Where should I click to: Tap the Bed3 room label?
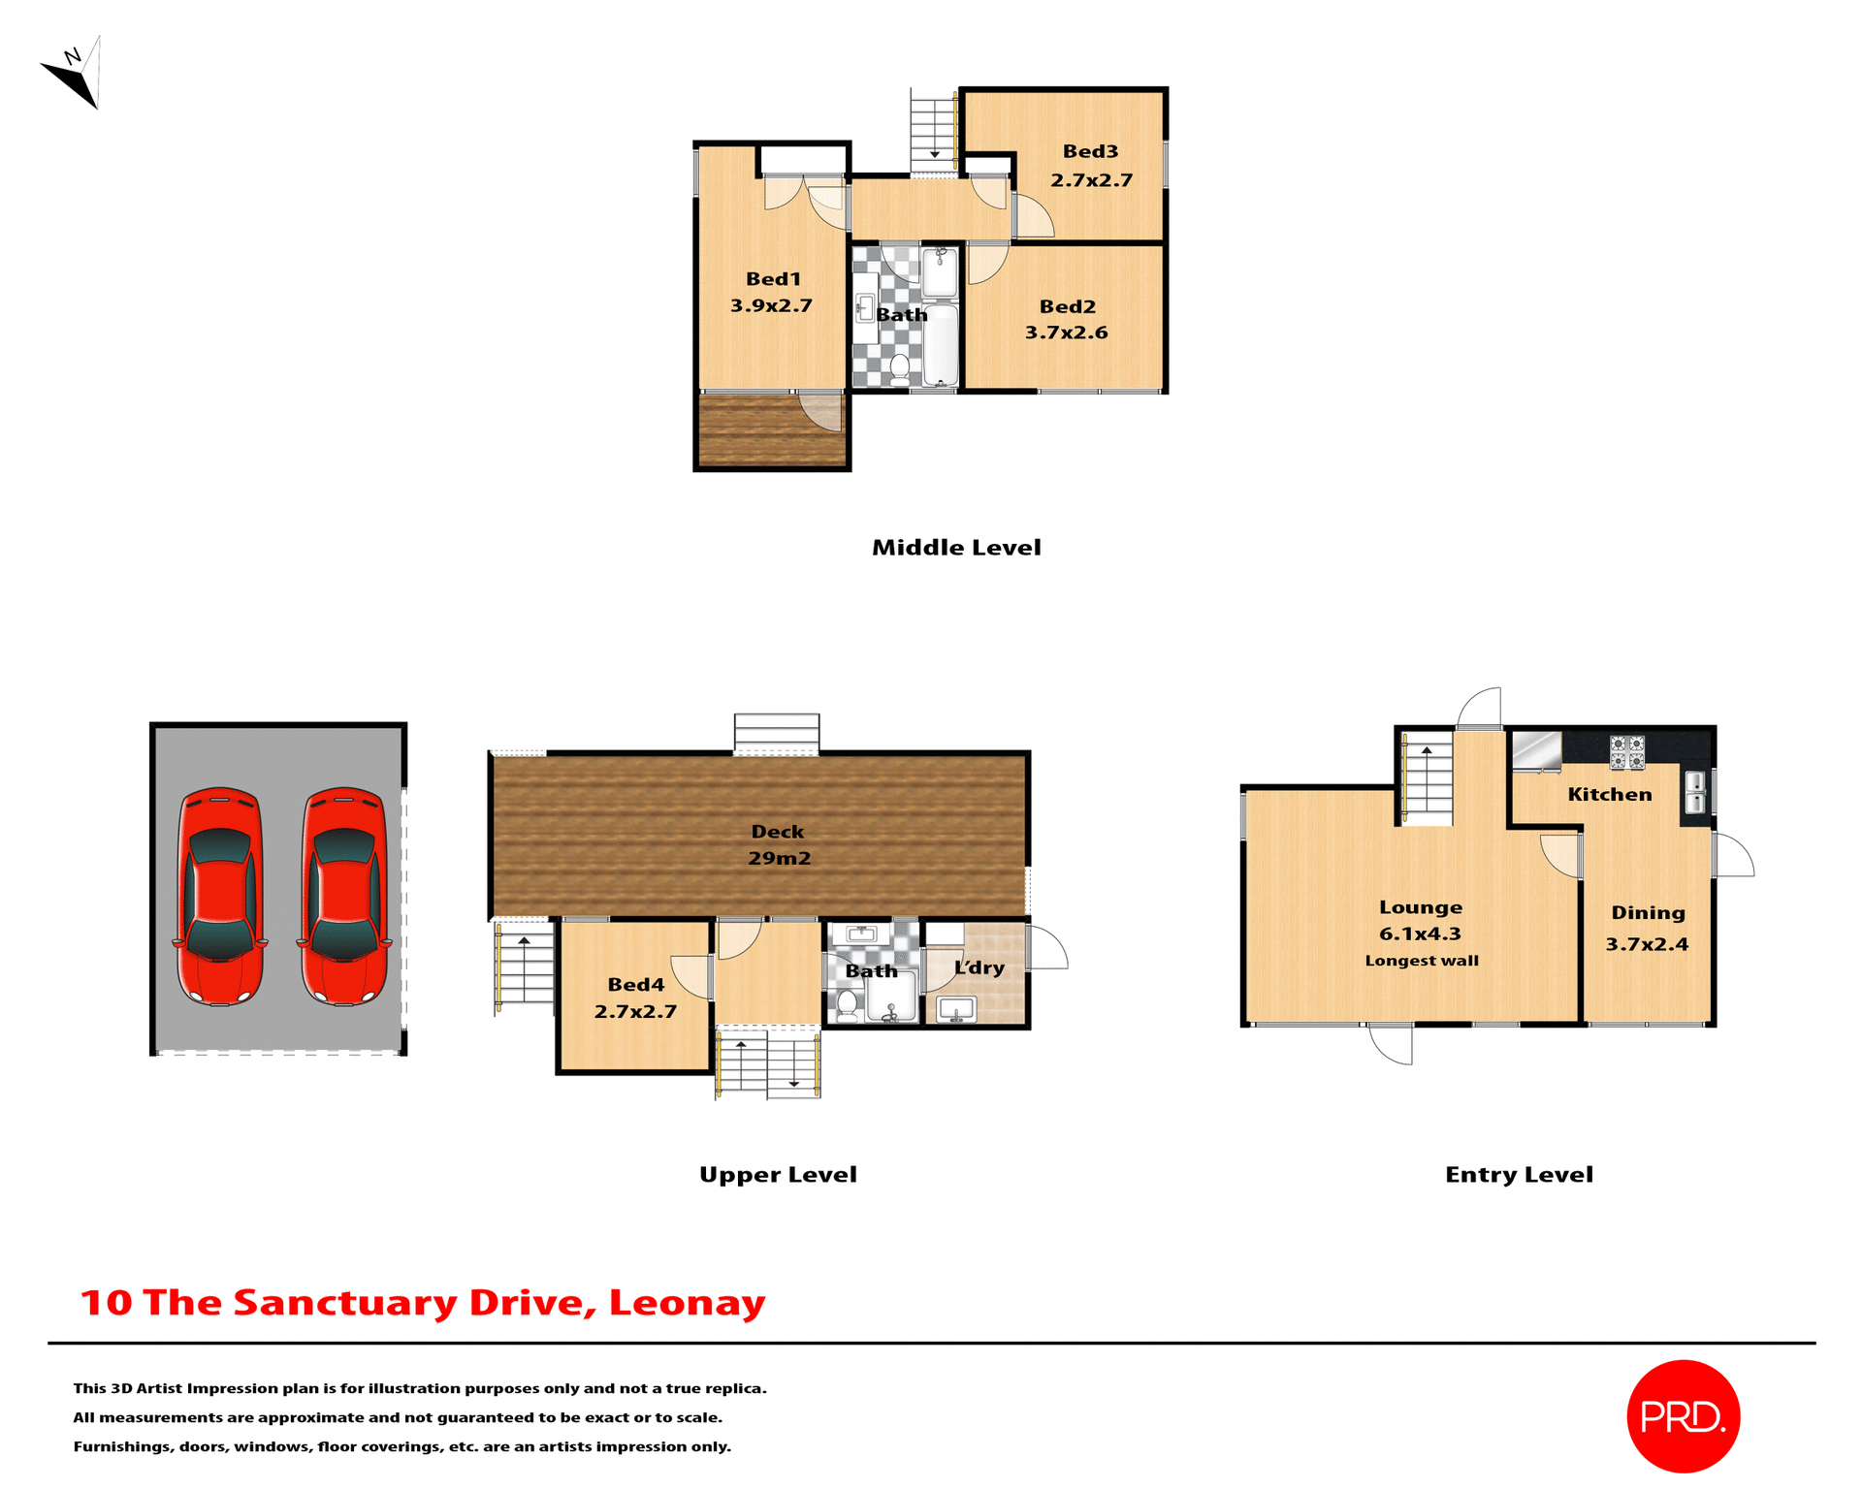[1090, 151]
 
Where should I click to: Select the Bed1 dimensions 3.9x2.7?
[771, 305]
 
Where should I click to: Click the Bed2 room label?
[1067, 306]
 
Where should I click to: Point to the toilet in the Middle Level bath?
[899, 367]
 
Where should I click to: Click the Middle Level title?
[956, 548]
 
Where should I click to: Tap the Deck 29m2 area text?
[779, 858]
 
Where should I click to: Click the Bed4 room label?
[635, 985]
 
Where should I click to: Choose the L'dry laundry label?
[979, 967]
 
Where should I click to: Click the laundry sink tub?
[956, 1009]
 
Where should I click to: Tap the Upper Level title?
[778, 1175]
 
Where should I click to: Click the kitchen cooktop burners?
[1626, 752]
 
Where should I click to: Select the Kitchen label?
[1610, 795]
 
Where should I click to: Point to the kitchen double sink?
[1695, 791]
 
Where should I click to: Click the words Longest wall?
[1422, 961]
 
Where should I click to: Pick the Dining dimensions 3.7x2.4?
[1647, 944]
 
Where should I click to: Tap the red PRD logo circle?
[1683, 1416]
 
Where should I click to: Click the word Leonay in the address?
[687, 1303]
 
